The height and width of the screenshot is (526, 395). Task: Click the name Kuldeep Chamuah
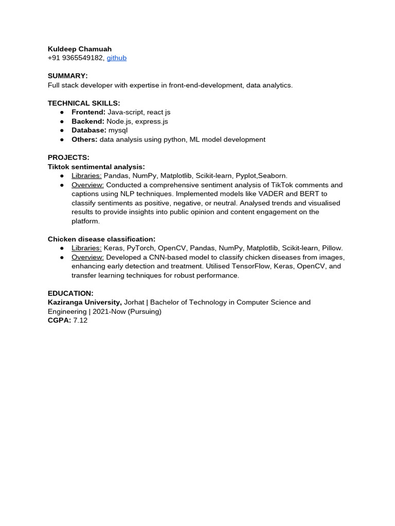(x=80, y=49)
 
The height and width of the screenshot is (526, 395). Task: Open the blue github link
(x=117, y=58)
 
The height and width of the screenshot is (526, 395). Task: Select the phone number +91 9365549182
(x=76, y=58)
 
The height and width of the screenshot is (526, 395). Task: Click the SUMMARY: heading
(x=68, y=76)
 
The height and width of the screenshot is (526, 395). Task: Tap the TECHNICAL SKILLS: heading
(x=84, y=103)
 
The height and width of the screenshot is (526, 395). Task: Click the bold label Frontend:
(x=88, y=112)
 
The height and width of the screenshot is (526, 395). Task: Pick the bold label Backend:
(x=88, y=121)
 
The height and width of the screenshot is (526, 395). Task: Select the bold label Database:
(x=89, y=130)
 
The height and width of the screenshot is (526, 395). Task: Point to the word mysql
(x=118, y=130)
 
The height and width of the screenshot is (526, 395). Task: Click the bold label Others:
(x=84, y=139)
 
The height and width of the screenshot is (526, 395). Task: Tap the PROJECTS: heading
(x=68, y=157)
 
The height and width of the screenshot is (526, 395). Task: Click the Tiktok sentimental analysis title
(x=96, y=166)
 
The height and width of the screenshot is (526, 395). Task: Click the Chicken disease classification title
(x=101, y=239)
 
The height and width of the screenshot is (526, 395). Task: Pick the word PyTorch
(x=141, y=248)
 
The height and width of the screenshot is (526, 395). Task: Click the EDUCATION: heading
(x=70, y=293)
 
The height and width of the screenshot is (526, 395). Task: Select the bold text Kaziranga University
(x=85, y=302)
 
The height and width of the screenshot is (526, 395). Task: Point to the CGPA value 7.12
(x=80, y=320)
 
